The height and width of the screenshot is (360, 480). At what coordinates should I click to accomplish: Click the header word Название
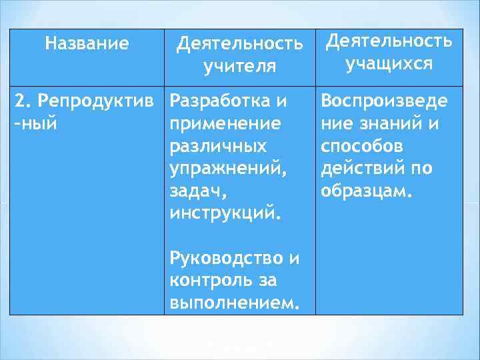[87, 45]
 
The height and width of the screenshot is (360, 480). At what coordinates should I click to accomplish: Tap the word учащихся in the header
[389, 63]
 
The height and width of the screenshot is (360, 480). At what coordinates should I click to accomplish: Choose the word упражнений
[229, 169]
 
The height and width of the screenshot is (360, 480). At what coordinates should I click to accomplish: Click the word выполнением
[231, 303]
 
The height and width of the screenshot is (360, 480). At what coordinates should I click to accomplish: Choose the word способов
[359, 147]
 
